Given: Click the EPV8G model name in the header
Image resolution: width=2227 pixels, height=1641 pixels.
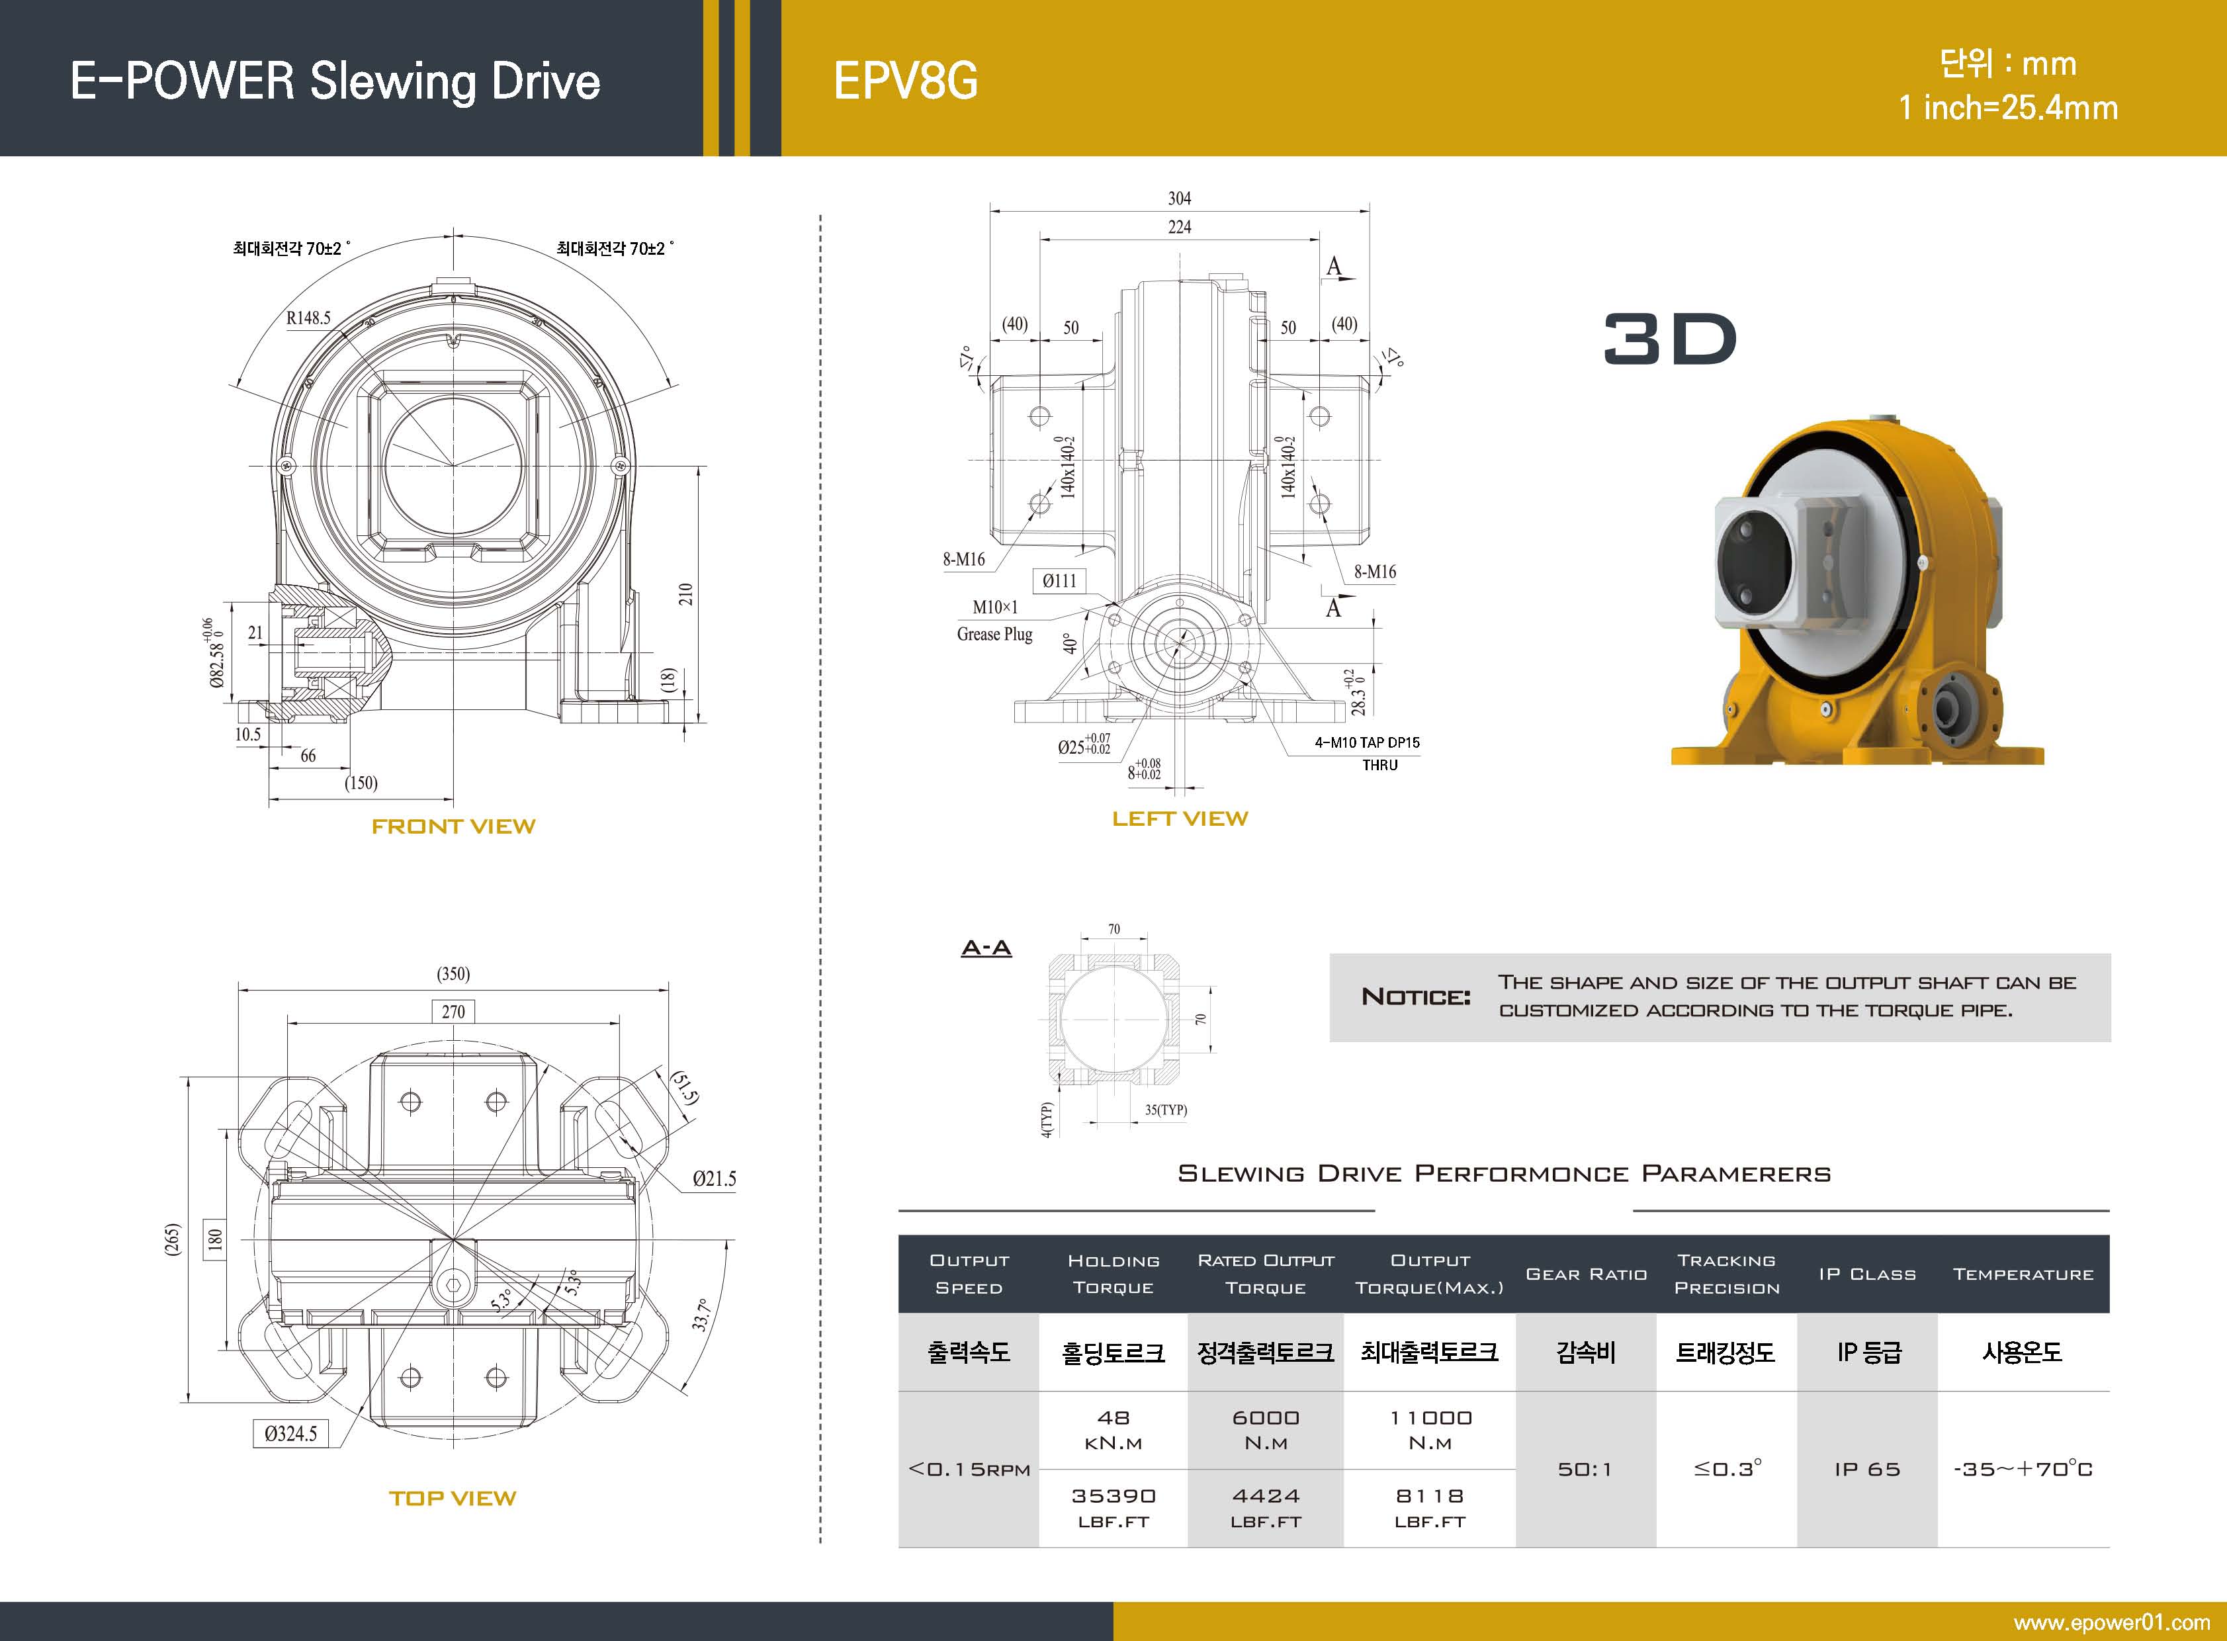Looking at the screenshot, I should [x=905, y=81].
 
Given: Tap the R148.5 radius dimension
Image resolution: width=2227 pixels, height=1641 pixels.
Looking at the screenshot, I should [x=308, y=318].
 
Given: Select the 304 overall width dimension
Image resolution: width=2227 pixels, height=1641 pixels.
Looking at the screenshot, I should [x=1179, y=199].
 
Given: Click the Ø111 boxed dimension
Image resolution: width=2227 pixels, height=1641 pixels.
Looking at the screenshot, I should [x=1059, y=581].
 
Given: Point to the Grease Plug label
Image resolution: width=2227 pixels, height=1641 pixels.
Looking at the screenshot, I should [x=994, y=634].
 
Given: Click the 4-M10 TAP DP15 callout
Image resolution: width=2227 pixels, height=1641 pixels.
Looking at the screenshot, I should [x=1367, y=742].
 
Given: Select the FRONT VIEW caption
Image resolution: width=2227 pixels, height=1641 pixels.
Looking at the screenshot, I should [x=453, y=826].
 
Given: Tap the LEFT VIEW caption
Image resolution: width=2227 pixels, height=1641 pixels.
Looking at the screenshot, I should [x=1179, y=819].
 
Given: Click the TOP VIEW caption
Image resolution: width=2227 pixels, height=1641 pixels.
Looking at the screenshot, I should [x=453, y=1499].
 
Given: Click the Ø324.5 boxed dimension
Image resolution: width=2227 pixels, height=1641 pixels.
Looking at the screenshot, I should [x=291, y=1433].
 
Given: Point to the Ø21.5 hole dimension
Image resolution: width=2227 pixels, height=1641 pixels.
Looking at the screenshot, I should [x=714, y=1179].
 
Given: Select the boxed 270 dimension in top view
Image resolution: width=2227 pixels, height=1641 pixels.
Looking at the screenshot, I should [x=453, y=1011].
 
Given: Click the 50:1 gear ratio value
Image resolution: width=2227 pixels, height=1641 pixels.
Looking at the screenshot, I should [x=1585, y=1469].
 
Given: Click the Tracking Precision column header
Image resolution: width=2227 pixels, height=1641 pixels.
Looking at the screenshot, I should [x=1726, y=1274].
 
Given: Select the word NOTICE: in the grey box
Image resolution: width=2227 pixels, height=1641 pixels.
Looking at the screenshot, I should [x=1415, y=997].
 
